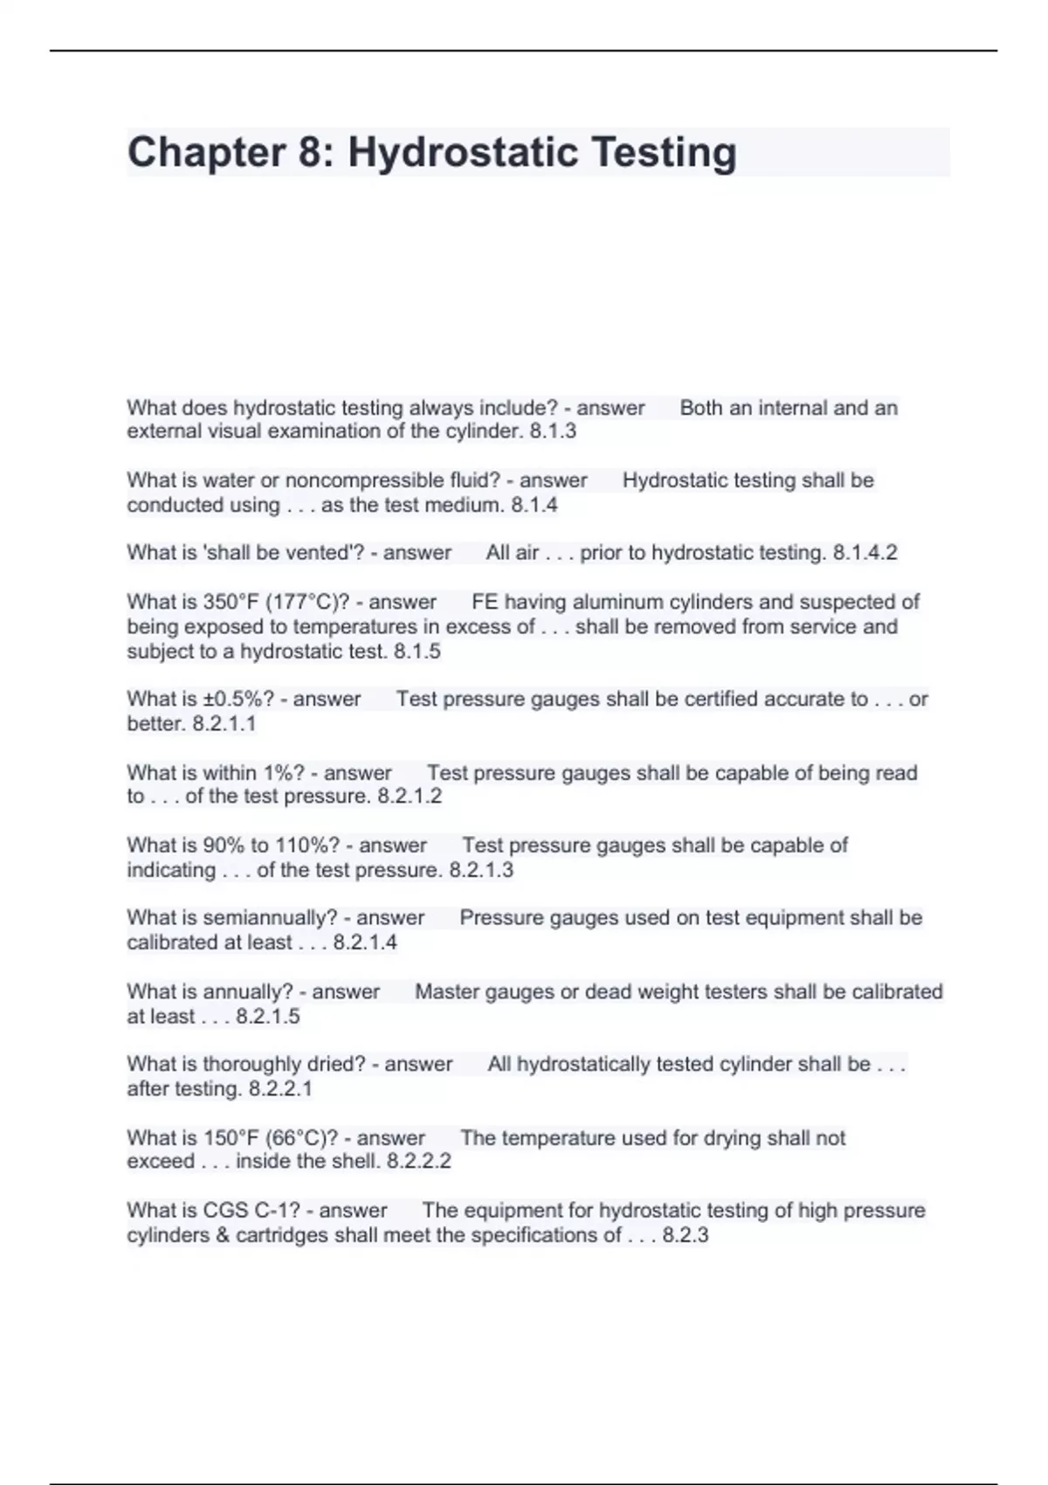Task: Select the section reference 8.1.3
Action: [553, 432]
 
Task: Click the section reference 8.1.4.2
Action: [865, 553]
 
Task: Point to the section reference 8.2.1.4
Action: [365, 943]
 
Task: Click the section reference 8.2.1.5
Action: [267, 1016]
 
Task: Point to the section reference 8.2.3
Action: [686, 1235]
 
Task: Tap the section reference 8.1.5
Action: [417, 651]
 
